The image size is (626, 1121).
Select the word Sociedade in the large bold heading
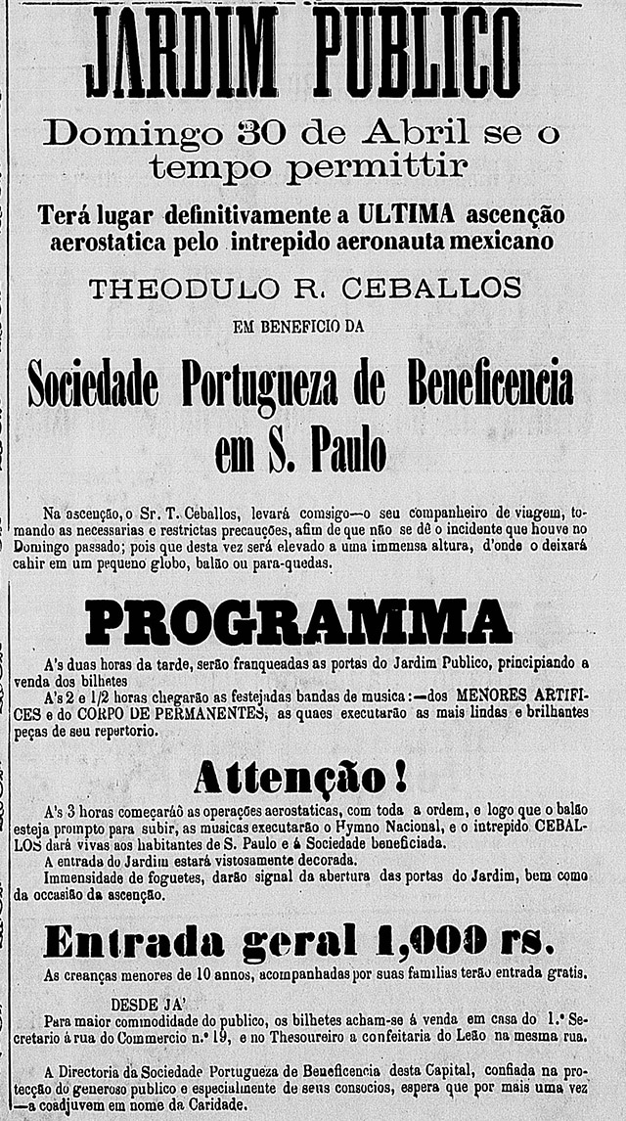[93, 385]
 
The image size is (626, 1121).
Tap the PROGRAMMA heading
[299, 623]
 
